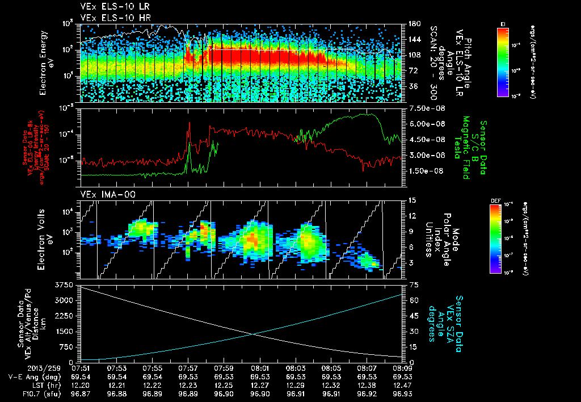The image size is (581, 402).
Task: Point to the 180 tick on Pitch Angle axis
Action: coord(412,24)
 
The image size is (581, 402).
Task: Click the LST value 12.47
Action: coord(402,385)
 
